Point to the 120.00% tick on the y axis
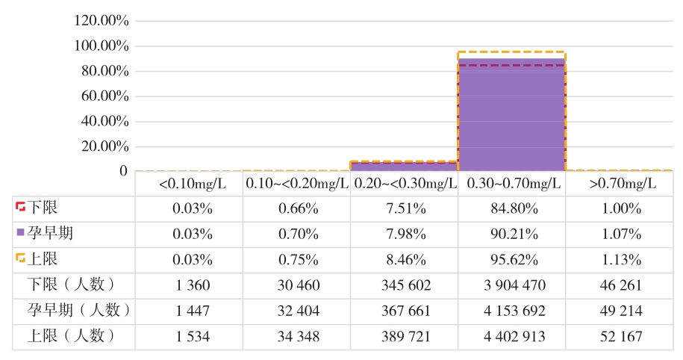102,21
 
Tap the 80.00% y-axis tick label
105,71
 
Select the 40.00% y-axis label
105,121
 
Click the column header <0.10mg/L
190,184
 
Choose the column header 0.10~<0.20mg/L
296,184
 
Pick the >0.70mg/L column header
620,184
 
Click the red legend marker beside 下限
20,208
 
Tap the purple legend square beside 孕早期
20,234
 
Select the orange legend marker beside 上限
20,259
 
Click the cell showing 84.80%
511,208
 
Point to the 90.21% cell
511,234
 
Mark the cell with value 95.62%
511,259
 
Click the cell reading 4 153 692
511,310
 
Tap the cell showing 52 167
620,336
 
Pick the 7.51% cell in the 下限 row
404,208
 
